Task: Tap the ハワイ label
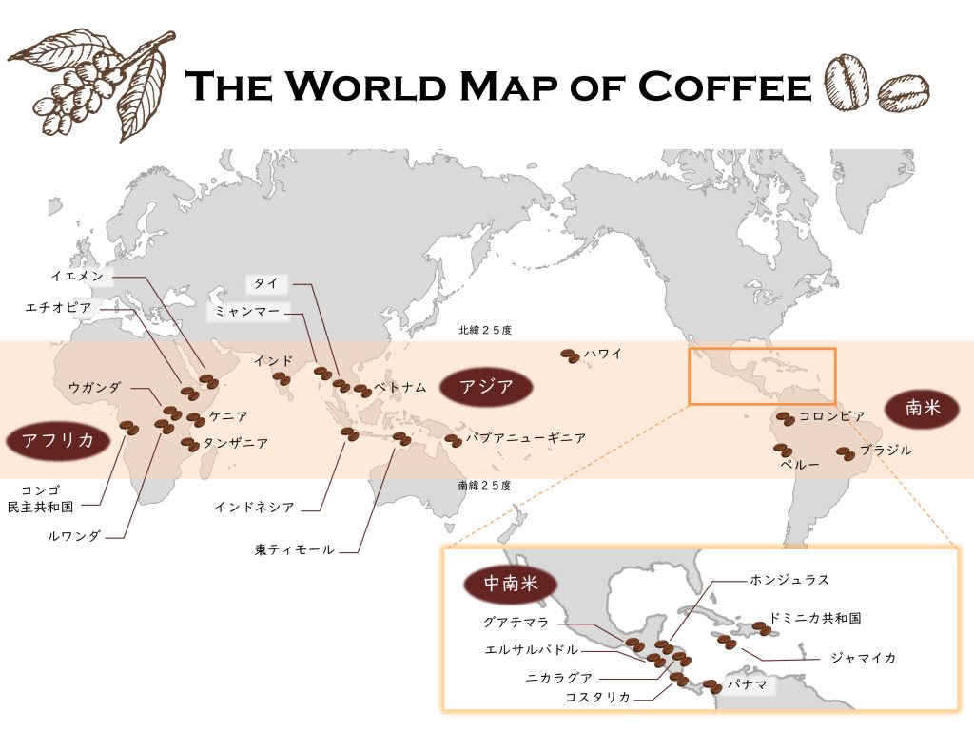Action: (x=603, y=354)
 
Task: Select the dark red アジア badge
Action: (x=486, y=386)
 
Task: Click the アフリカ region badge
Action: (x=59, y=440)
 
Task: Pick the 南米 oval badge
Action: (x=922, y=409)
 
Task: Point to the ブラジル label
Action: (x=886, y=451)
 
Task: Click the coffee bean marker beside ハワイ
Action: (x=569, y=355)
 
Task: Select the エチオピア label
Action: (x=59, y=307)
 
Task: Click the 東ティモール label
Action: (x=294, y=549)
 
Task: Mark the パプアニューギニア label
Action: (x=525, y=438)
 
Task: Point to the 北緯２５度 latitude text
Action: (x=485, y=331)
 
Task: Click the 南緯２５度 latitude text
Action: (x=485, y=486)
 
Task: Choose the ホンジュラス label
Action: (x=789, y=579)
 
